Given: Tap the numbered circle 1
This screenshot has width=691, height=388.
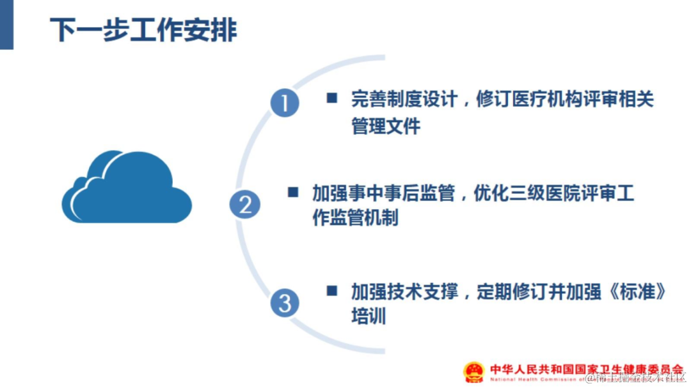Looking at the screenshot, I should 284,102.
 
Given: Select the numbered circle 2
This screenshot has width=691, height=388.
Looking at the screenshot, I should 245,205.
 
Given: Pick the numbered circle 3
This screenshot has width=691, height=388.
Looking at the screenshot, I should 284,302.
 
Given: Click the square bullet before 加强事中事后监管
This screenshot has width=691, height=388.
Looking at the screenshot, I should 293,192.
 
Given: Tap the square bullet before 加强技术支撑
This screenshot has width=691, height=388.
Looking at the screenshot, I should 331,291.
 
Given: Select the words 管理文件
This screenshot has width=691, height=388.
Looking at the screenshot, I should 386,126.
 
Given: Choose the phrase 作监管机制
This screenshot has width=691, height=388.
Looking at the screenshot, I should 355,217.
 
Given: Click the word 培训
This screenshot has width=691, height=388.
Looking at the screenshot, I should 369,316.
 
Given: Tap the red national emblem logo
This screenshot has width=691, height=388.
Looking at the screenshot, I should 474,372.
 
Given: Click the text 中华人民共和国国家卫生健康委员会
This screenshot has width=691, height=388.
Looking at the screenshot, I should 587,369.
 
